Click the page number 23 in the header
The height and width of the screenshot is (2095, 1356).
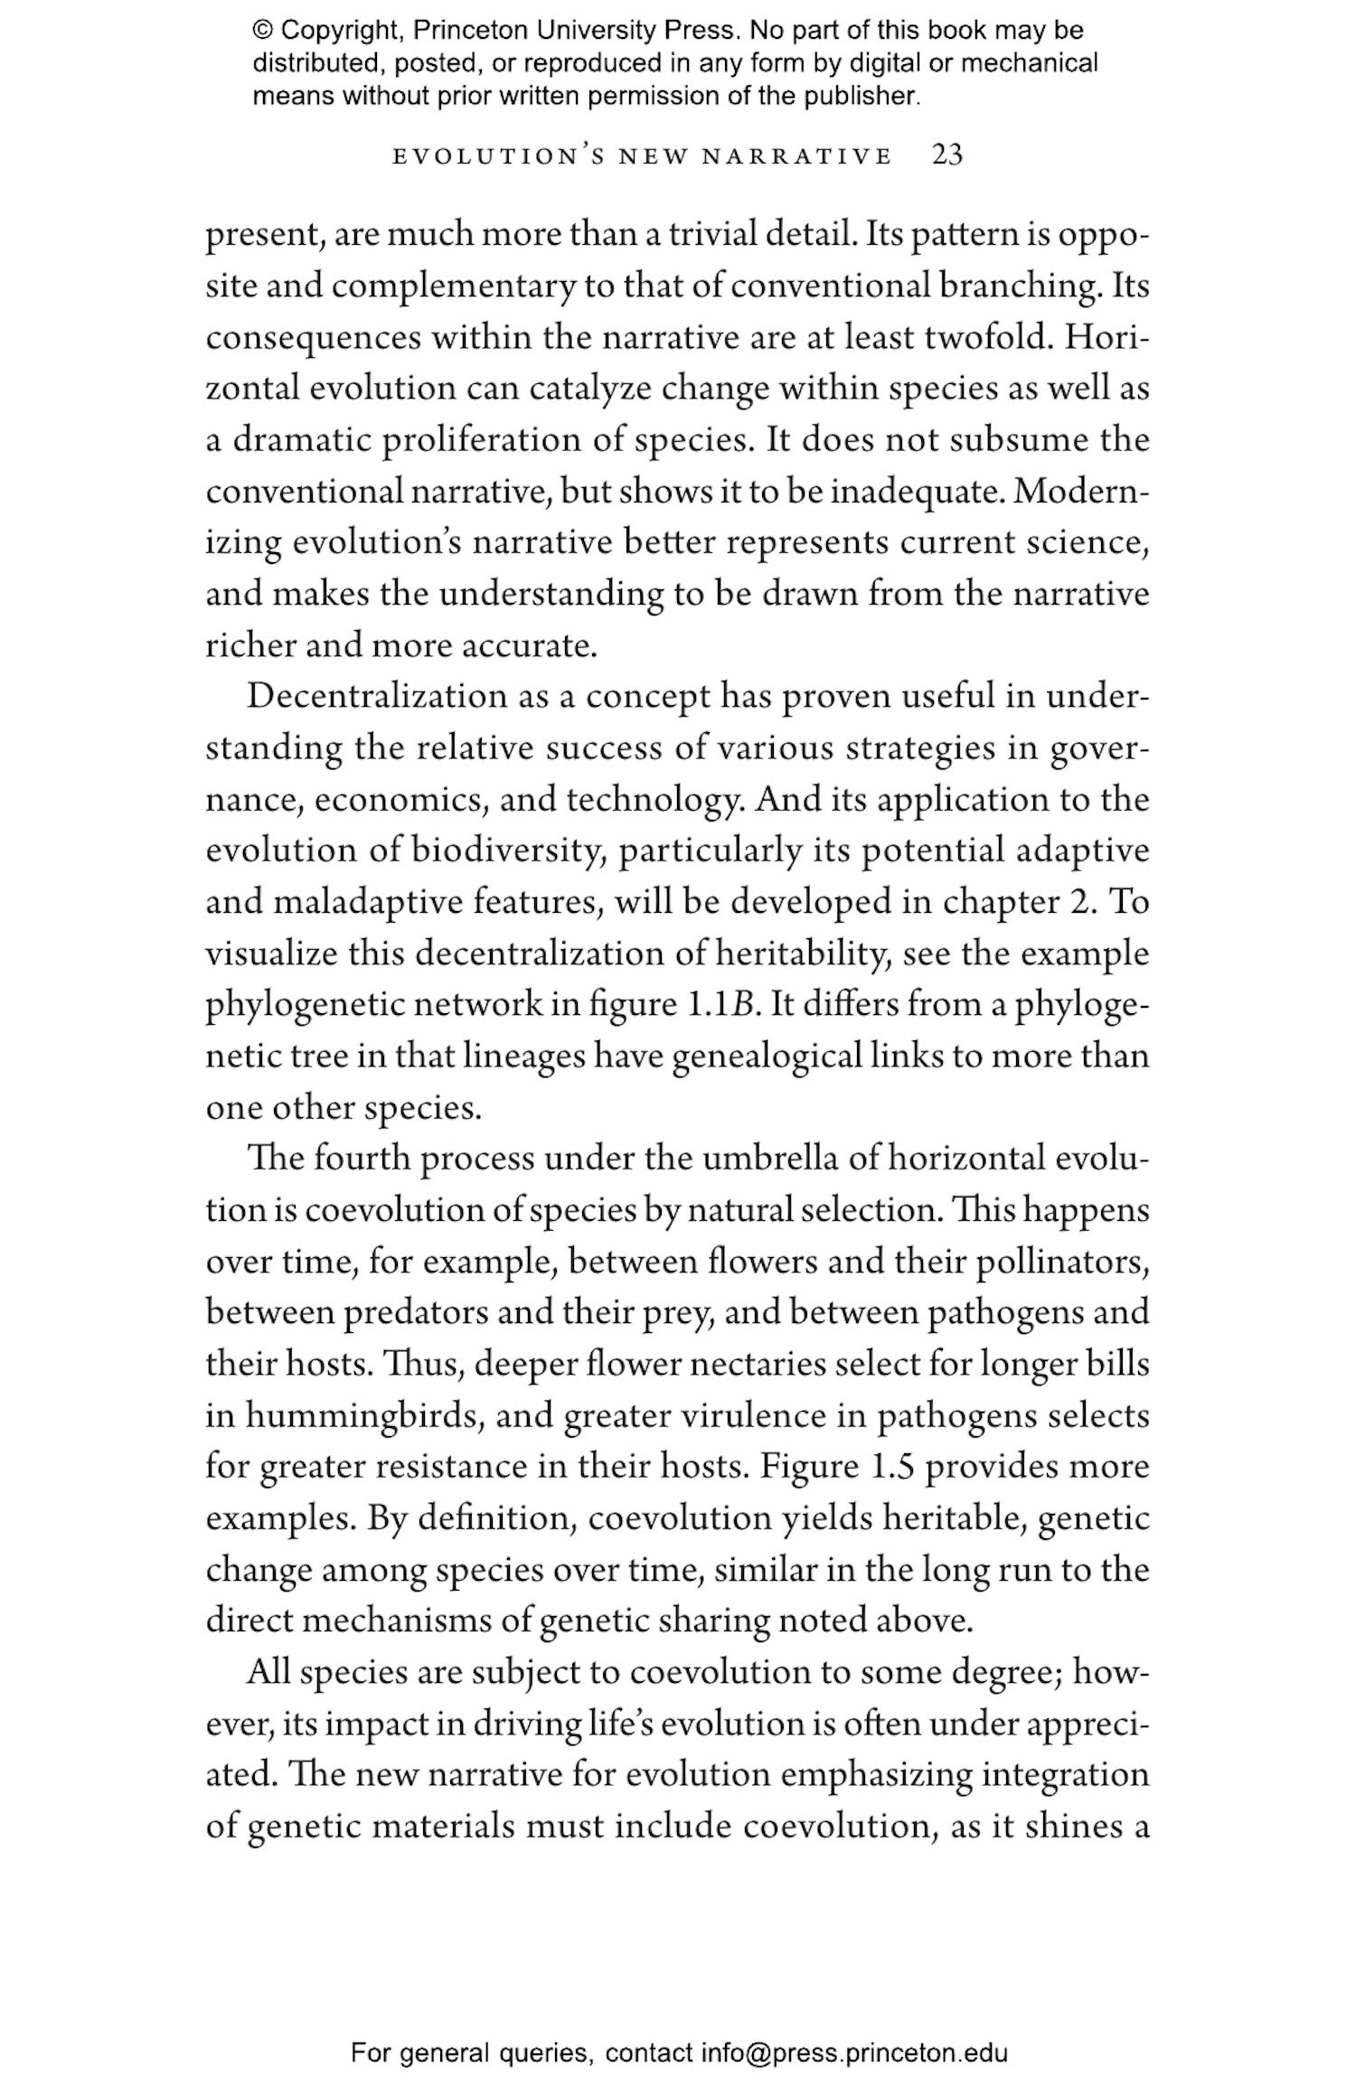point(946,155)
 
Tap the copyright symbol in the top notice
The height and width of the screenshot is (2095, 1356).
point(262,31)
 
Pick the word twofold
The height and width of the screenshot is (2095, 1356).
point(988,337)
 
